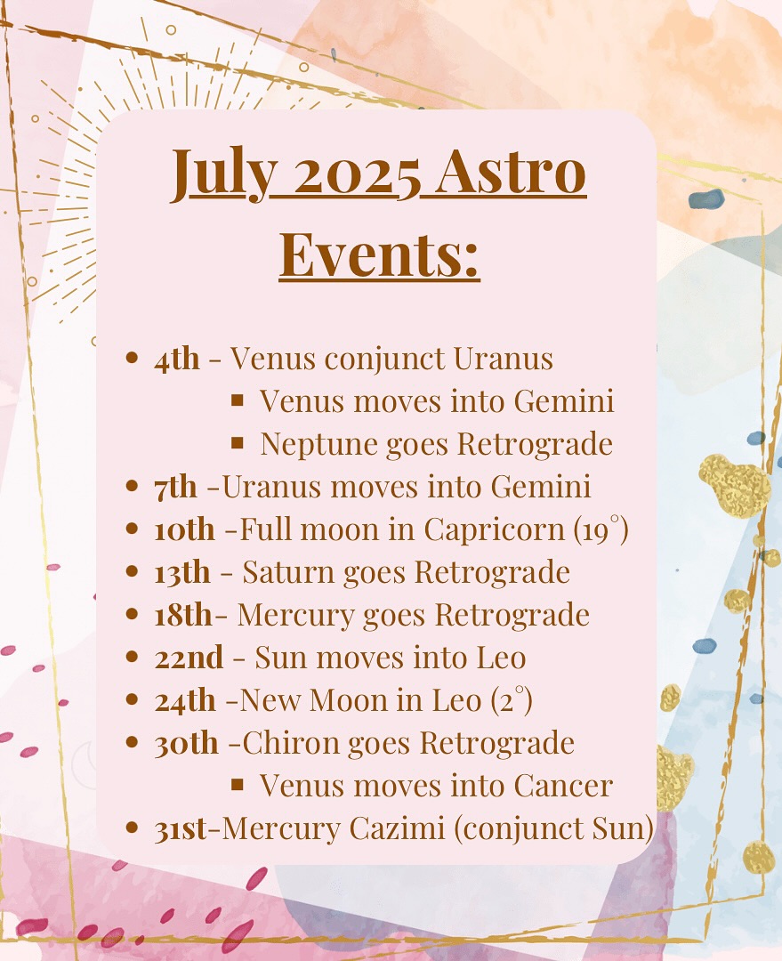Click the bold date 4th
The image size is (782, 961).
coord(176,359)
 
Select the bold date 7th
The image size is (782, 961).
coord(176,488)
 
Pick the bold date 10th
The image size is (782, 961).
coord(184,530)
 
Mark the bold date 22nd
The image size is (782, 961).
coord(189,658)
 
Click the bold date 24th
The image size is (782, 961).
coord(184,700)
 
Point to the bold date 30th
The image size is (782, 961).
coord(186,743)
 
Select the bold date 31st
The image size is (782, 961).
coord(181,829)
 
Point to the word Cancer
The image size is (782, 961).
coord(563,787)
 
